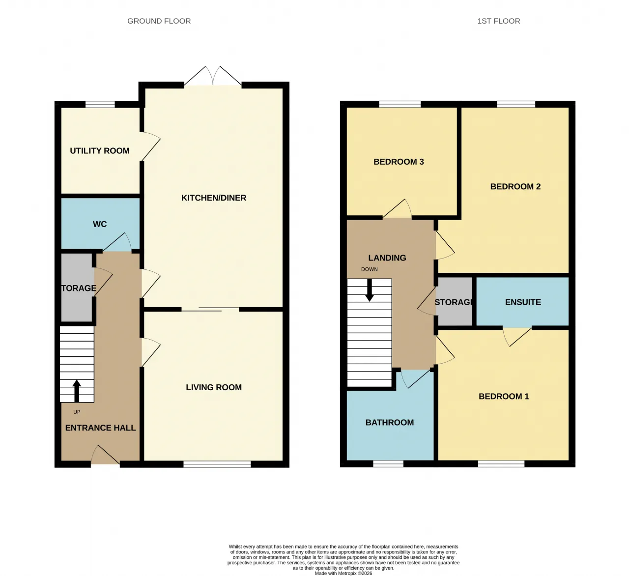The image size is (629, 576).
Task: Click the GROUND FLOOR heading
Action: click(x=159, y=21)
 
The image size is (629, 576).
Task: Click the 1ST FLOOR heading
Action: click(x=499, y=21)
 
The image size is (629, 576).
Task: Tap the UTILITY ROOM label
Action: click(x=100, y=151)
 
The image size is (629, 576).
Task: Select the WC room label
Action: click(x=100, y=224)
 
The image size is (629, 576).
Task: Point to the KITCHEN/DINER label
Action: click(x=214, y=198)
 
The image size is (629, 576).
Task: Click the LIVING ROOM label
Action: click(x=214, y=387)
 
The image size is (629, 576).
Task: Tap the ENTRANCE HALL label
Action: click(x=100, y=428)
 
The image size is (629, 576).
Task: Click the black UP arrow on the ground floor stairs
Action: click(x=77, y=391)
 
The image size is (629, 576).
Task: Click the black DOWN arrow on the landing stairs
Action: click(x=370, y=290)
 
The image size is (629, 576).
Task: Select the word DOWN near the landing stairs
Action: click(x=370, y=269)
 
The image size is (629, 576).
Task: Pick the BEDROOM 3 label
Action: click(x=399, y=162)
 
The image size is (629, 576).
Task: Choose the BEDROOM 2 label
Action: click(x=515, y=187)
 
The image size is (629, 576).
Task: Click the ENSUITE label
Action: click(x=523, y=302)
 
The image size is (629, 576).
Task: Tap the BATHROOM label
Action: click(x=390, y=423)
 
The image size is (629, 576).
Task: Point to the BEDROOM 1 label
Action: click(x=504, y=397)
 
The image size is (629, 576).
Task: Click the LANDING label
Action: click(x=387, y=258)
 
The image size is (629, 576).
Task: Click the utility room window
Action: click(x=100, y=105)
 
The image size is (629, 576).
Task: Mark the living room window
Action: click(x=217, y=464)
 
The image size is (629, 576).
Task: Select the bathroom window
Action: click(x=388, y=463)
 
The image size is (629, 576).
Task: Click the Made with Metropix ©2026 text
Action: click(x=343, y=574)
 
